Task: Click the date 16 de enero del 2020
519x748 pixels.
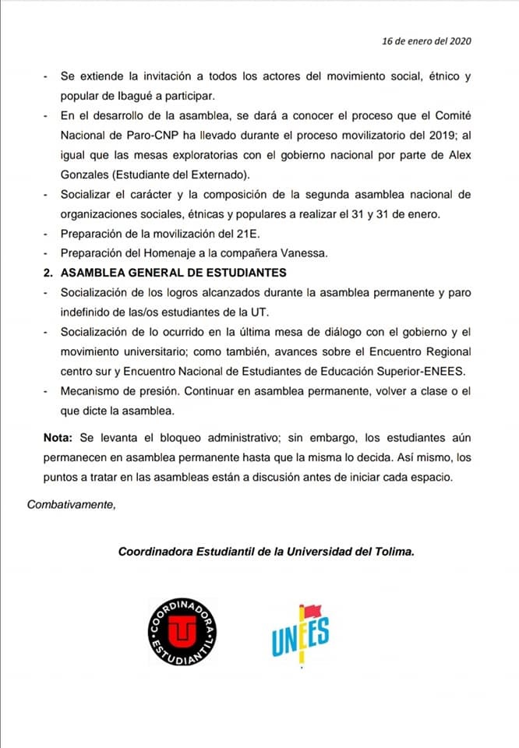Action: (x=426, y=41)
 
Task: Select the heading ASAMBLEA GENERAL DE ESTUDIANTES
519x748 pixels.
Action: (x=174, y=273)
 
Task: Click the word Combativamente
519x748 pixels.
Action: (x=71, y=503)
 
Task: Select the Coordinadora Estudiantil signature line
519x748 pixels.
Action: (x=266, y=551)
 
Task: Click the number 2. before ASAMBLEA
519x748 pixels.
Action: (x=48, y=273)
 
